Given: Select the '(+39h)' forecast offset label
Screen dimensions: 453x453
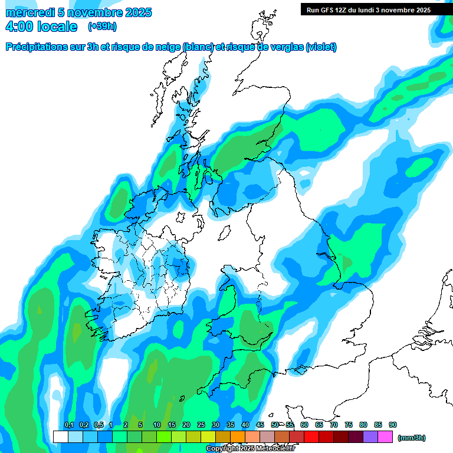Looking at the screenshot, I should (102, 27).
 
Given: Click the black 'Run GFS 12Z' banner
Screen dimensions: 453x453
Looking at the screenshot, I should (369, 10).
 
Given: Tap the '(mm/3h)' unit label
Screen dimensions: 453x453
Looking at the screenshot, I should (412, 438).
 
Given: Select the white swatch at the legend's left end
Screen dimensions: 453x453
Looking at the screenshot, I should (60, 437).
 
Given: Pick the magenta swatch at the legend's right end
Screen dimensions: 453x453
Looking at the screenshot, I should (386, 437).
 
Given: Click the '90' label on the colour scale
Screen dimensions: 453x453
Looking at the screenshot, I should (393, 425).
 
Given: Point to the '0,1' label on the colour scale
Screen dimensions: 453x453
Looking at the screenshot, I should (68, 425).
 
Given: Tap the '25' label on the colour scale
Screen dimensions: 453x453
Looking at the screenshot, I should (201, 425).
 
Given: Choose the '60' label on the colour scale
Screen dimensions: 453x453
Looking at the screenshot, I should (304, 425).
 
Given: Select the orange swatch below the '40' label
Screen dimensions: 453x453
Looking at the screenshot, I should (238, 437).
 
